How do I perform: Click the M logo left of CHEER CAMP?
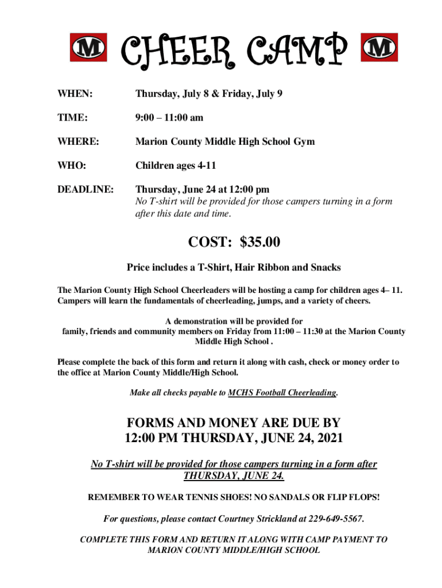[x=88, y=47]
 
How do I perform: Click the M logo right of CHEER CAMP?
[x=379, y=47]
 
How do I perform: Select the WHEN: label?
[x=75, y=93]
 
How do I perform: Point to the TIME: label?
[x=72, y=117]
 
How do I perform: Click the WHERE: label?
[x=77, y=141]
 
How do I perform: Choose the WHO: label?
[x=72, y=165]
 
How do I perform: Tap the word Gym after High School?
[x=303, y=141]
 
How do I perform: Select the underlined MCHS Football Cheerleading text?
[x=282, y=393]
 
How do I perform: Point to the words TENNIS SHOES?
[x=219, y=496]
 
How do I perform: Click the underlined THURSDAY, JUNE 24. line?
[x=234, y=476]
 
